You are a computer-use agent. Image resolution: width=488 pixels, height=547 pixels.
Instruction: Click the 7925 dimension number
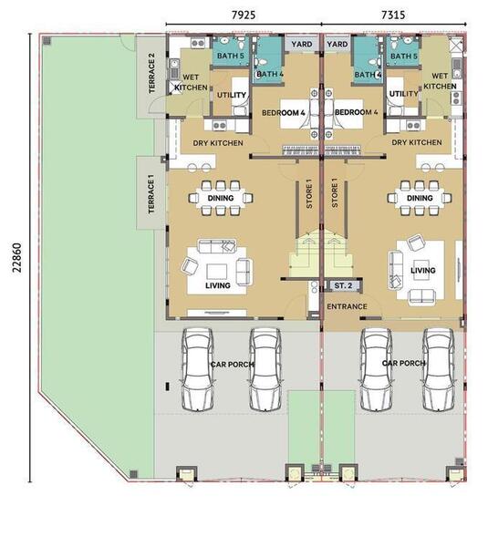point(244,15)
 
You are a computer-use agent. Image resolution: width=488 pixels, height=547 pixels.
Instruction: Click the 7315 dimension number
point(393,15)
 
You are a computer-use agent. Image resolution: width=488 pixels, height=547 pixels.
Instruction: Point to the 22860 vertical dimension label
point(16,258)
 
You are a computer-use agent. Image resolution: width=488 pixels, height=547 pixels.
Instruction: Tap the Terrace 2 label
point(151,73)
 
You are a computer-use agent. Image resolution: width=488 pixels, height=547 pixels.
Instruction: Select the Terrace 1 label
point(151,194)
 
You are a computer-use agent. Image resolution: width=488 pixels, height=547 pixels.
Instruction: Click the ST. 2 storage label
point(343,285)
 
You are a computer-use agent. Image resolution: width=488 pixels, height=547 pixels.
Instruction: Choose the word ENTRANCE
point(347,306)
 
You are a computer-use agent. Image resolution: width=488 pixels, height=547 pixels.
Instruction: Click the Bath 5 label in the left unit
point(231,56)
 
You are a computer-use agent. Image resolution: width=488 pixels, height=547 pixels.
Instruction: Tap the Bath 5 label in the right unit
point(404,56)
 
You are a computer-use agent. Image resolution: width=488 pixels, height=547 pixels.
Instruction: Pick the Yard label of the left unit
point(302,44)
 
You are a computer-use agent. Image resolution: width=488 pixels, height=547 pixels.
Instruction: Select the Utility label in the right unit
point(403,94)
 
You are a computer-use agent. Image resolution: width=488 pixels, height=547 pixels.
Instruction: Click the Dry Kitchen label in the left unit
point(218,143)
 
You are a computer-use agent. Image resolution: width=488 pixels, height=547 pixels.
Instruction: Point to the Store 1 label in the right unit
point(335,193)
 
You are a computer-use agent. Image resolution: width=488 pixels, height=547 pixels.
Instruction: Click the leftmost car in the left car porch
point(197,369)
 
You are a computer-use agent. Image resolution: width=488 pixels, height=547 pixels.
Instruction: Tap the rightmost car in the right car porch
point(439,369)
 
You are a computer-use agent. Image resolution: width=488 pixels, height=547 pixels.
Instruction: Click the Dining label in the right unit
point(420,198)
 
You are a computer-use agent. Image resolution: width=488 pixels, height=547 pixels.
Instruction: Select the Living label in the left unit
point(218,285)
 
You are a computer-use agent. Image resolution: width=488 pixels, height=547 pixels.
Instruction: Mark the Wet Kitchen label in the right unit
point(440,81)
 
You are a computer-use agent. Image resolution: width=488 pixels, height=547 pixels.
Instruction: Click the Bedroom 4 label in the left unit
point(284,113)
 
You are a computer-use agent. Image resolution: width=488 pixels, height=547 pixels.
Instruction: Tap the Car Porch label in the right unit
point(404,363)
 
